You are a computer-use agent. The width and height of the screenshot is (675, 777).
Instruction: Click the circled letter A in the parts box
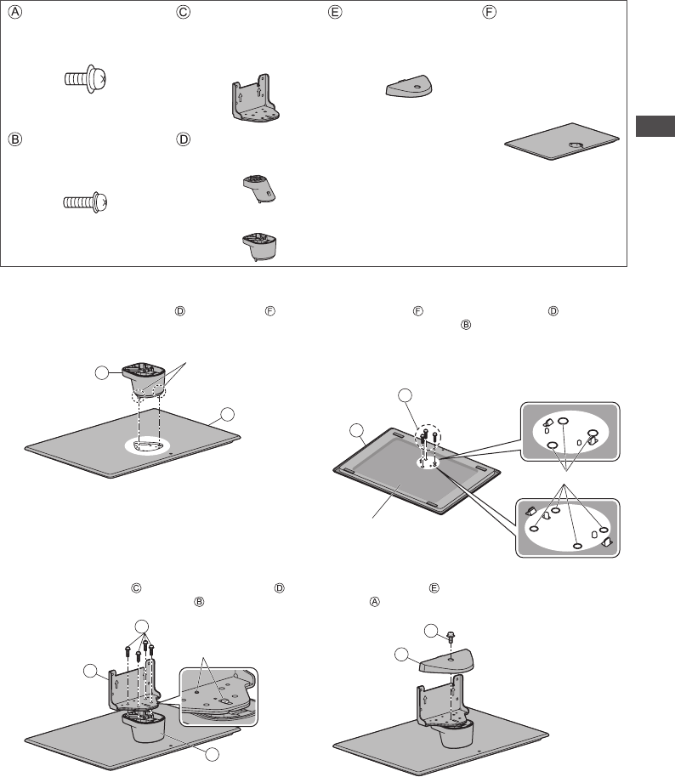click(15, 13)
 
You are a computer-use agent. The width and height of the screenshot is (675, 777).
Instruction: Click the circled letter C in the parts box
click(184, 13)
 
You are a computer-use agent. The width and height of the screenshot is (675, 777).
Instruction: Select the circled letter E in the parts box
click(335, 13)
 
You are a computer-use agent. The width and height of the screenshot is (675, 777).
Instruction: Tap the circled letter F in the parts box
click(489, 13)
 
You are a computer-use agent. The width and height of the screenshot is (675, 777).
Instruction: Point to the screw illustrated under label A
click(86, 78)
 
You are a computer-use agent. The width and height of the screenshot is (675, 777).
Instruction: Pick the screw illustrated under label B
click(85, 202)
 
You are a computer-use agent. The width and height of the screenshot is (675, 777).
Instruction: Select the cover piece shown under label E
click(409, 87)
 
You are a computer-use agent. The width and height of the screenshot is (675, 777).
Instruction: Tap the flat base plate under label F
click(562, 142)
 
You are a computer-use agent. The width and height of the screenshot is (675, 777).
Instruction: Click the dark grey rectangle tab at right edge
click(655, 126)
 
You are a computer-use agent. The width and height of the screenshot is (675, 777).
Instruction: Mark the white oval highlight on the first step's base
click(147, 445)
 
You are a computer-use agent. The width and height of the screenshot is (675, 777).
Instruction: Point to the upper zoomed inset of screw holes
click(570, 432)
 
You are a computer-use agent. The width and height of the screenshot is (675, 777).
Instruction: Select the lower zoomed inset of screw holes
click(568, 528)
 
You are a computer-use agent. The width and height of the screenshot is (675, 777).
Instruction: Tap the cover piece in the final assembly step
click(446, 661)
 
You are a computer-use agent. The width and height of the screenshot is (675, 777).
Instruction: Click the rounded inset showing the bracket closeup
click(218, 697)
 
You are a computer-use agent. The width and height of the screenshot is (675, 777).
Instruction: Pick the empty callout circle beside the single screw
click(432, 631)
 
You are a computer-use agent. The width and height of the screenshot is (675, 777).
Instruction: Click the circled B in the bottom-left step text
click(199, 602)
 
